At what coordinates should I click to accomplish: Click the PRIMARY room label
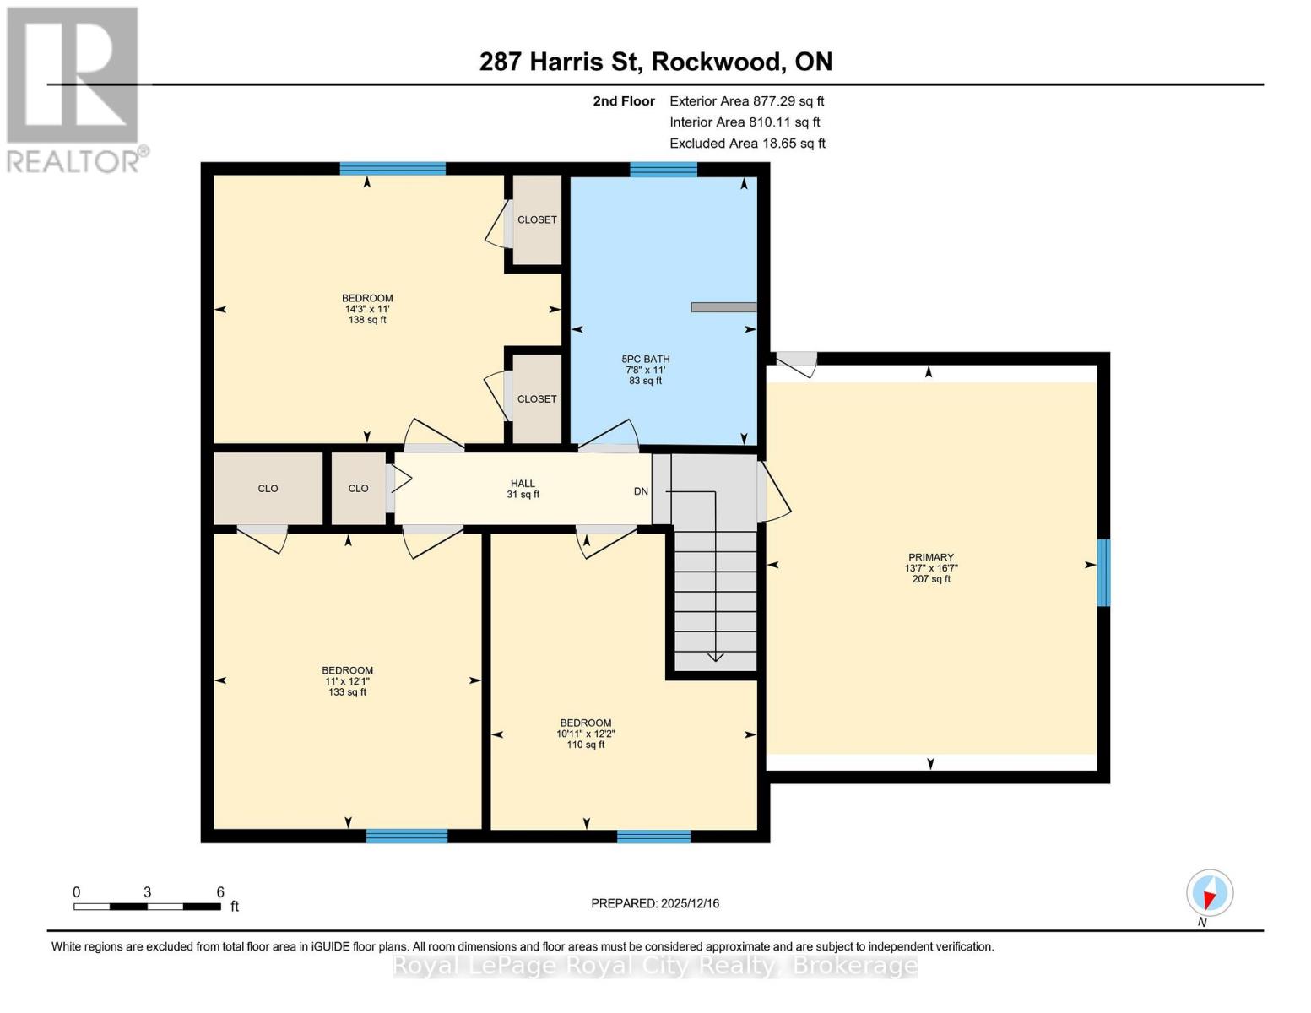click(930, 557)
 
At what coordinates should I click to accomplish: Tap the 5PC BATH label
click(645, 360)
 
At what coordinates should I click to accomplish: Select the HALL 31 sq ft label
click(523, 490)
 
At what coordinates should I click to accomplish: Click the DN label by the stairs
click(641, 491)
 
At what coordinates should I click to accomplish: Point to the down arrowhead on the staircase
click(715, 655)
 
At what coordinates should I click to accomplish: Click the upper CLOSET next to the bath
click(537, 219)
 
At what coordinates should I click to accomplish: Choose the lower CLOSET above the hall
click(537, 398)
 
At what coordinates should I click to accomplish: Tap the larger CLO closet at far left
click(268, 489)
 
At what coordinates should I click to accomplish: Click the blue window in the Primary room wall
click(1102, 572)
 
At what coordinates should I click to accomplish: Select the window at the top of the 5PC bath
click(664, 170)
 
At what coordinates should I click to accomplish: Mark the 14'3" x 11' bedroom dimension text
click(367, 309)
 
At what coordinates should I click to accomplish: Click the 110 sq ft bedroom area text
click(585, 745)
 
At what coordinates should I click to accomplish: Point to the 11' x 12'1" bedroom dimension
click(347, 681)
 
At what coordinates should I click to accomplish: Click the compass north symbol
click(1209, 893)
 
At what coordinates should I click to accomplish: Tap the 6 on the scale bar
click(220, 892)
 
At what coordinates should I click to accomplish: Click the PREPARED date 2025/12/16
click(654, 903)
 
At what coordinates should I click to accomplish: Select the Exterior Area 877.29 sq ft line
click(746, 101)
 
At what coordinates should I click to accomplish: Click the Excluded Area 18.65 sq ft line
click(747, 144)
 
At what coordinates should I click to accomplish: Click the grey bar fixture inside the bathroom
click(723, 307)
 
